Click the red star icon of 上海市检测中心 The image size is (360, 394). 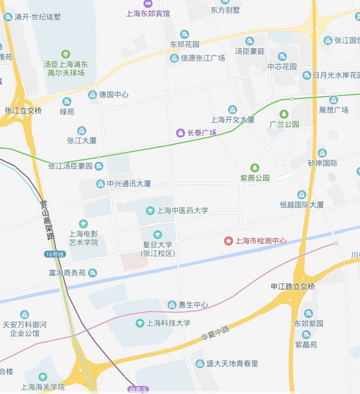point(229,241)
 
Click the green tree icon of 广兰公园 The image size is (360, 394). point(283,114)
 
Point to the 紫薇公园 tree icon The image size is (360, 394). point(255,168)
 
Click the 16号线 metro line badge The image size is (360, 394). point(55,255)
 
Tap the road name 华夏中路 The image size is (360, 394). point(215,334)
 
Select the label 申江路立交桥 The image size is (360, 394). point(292,286)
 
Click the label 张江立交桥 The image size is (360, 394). point(23,110)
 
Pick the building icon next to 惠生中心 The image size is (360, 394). point(172,304)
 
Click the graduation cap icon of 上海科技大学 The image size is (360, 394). point(139,323)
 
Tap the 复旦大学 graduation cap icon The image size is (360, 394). point(157,234)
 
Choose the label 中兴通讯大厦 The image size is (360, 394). point(129,184)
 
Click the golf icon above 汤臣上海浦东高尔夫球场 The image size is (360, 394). point(66,54)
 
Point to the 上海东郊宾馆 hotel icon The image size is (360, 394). point(148,4)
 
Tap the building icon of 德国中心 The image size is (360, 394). point(92,94)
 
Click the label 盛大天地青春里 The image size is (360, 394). point(232,363)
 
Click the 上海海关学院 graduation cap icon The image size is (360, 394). point(43,376)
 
